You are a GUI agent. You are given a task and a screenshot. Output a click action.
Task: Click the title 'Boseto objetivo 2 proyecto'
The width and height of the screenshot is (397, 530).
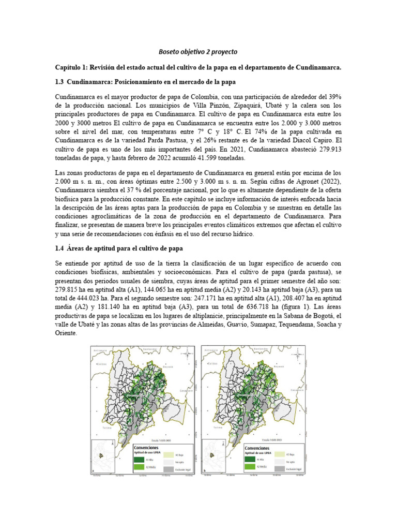[197, 52]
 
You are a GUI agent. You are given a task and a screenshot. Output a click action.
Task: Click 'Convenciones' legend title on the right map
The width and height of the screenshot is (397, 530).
[262, 447]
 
